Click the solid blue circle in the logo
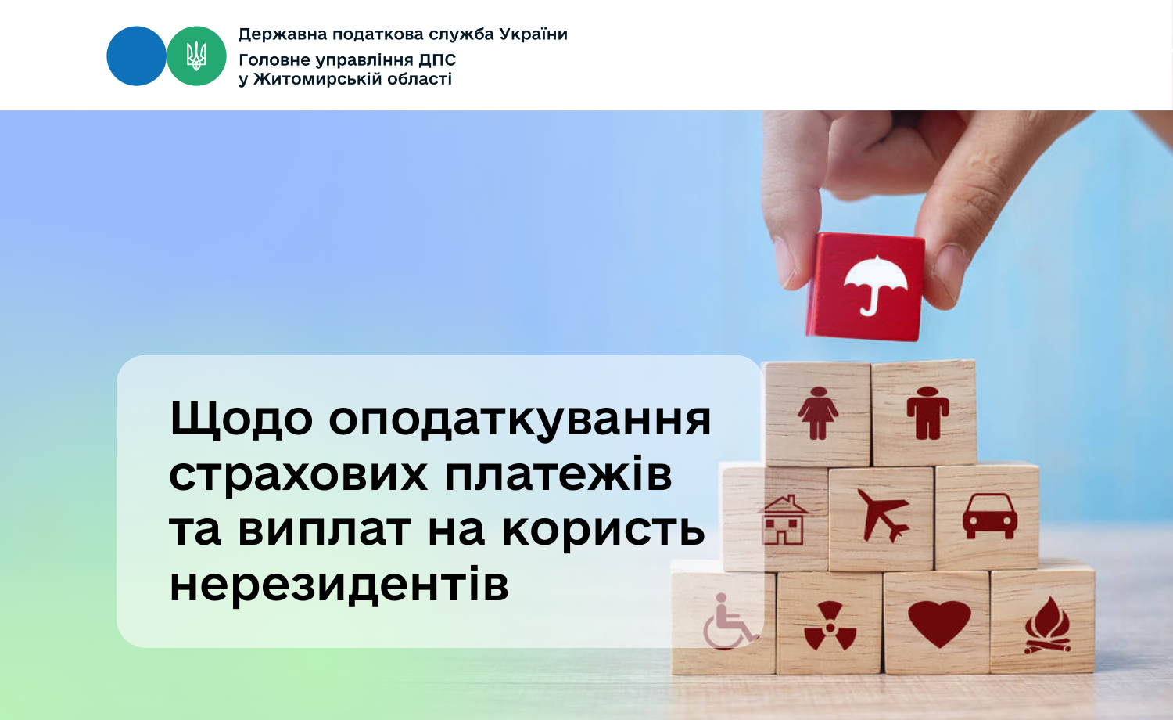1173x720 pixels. pyautogui.click(x=136, y=56)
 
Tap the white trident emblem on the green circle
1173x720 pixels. pyautogui.click(x=196, y=56)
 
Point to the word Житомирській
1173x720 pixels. pyautogui.click(x=317, y=79)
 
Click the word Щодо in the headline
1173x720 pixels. pyautogui.click(x=242, y=419)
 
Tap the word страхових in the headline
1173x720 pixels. pyautogui.click(x=298, y=475)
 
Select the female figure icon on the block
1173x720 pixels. pyautogui.click(x=817, y=413)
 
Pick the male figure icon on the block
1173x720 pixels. pyautogui.click(x=927, y=413)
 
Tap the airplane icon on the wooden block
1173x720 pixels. pyautogui.click(x=883, y=515)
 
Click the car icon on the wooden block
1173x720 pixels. pyautogui.click(x=990, y=517)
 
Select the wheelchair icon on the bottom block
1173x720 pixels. pyautogui.click(x=730, y=621)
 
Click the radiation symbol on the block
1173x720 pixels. pyautogui.click(x=830, y=627)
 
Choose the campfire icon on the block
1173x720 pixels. pyautogui.click(x=1047, y=625)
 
